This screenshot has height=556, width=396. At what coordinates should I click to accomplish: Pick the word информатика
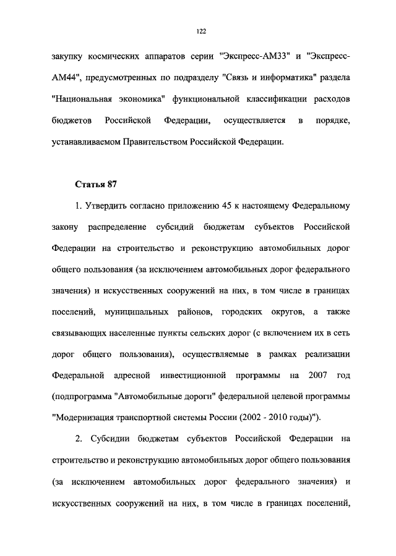click(x=277, y=78)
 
